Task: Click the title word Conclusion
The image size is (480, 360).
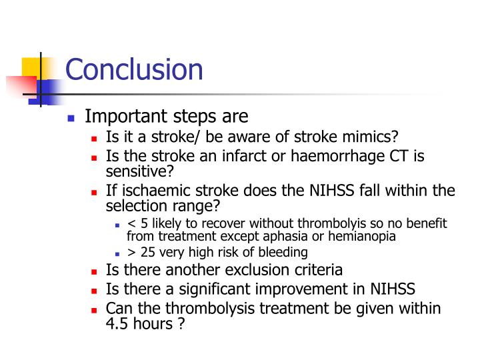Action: [134, 70]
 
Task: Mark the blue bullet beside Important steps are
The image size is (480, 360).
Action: [72, 118]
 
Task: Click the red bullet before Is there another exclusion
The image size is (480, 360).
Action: [94, 271]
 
